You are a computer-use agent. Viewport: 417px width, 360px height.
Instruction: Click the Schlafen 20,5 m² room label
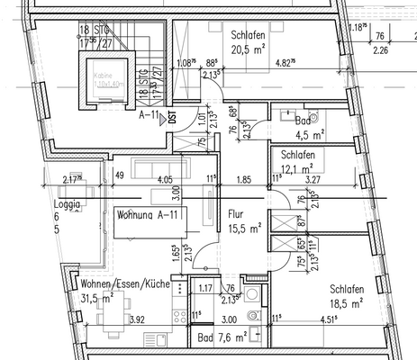[x=246, y=42]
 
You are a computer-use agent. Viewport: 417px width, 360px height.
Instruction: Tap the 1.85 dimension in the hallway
[x=244, y=179]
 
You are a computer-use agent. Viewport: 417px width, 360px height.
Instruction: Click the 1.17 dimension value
[x=204, y=288]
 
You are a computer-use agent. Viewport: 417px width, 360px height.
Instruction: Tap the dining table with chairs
[x=114, y=312]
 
